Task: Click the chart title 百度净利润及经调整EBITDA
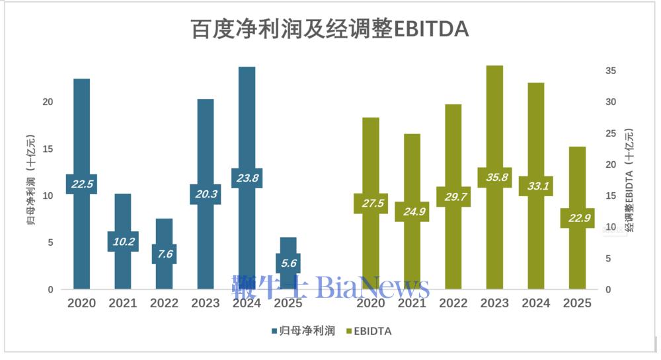tap(330, 29)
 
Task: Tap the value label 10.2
tap(123, 242)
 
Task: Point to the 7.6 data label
tap(164, 254)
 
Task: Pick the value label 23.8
tap(247, 178)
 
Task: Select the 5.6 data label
tap(288, 263)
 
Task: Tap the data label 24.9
tap(412, 211)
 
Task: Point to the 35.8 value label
tap(494, 178)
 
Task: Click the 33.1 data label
tap(535, 186)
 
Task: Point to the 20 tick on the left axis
tap(47, 102)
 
